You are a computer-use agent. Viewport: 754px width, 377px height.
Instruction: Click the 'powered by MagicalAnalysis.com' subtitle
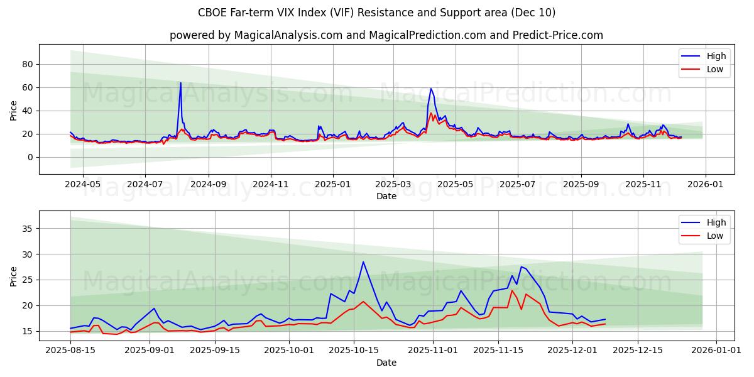click(386, 35)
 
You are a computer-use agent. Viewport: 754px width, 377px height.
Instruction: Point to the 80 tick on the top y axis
click(28, 64)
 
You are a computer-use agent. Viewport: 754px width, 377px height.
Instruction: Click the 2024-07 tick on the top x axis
click(145, 185)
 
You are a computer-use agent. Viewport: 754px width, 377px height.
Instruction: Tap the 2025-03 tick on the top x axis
click(393, 185)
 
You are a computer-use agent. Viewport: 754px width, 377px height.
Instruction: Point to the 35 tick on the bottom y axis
click(28, 229)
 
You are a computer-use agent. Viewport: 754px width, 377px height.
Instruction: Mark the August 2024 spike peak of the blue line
click(181, 82)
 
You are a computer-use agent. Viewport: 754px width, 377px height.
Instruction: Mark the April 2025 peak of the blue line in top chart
click(431, 89)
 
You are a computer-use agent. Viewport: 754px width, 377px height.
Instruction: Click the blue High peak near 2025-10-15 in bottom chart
click(363, 262)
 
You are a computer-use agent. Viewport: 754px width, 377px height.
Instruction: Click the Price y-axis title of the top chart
click(14, 109)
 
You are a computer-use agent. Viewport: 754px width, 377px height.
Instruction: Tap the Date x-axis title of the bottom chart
click(386, 363)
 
